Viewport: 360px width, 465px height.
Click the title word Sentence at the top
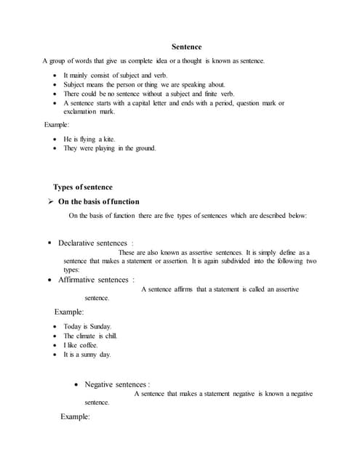click(x=186, y=46)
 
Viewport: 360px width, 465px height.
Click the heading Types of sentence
click(x=83, y=187)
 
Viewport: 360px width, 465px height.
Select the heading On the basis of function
click(x=99, y=201)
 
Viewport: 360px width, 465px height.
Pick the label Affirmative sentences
click(x=96, y=280)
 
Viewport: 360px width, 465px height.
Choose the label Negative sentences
click(x=116, y=384)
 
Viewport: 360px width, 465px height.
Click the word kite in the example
click(x=106, y=139)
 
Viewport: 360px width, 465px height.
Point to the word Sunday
click(x=100, y=327)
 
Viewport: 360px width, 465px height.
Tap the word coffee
click(x=88, y=345)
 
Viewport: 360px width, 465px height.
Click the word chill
click(x=108, y=336)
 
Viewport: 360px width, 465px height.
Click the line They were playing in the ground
click(x=109, y=148)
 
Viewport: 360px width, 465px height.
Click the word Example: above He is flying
click(x=57, y=126)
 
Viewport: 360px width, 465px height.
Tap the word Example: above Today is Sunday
click(x=69, y=312)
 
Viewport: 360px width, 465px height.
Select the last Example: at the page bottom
click(x=76, y=417)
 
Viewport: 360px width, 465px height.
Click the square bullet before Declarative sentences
click(x=49, y=243)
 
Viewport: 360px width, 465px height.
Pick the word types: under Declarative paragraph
click(x=71, y=269)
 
